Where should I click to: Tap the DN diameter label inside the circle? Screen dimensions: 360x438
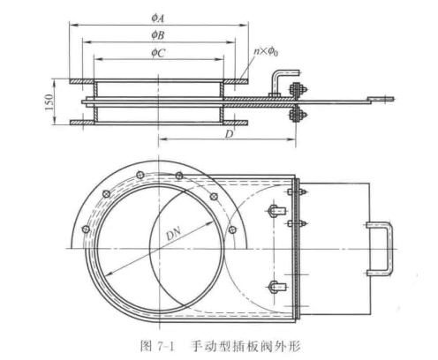(x=175, y=235)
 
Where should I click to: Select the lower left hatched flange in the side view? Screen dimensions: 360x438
(x=81, y=128)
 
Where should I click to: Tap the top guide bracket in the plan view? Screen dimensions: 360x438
(x=276, y=211)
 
